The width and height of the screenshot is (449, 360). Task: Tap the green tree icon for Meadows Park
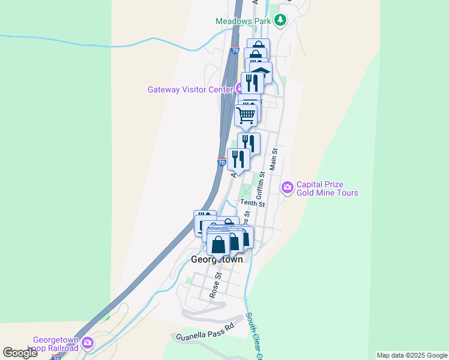click(280, 21)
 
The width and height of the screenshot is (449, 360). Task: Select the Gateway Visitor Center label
click(190, 90)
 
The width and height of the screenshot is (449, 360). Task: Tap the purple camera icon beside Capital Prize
click(287, 188)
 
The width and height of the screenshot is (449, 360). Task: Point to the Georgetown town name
click(217, 260)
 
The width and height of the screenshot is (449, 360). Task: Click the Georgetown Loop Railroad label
click(56, 344)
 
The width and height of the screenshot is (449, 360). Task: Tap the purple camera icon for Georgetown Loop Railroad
click(88, 344)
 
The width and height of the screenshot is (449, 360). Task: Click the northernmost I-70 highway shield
click(235, 51)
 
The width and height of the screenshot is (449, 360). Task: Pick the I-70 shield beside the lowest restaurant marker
click(221, 163)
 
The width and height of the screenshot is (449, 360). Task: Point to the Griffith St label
click(261, 185)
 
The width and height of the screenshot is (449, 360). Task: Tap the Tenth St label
click(253, 203)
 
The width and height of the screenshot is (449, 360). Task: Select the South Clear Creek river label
click(254, 337)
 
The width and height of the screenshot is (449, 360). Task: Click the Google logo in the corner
click(20, 353)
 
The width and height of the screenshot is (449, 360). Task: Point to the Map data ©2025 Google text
click(411, 355)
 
